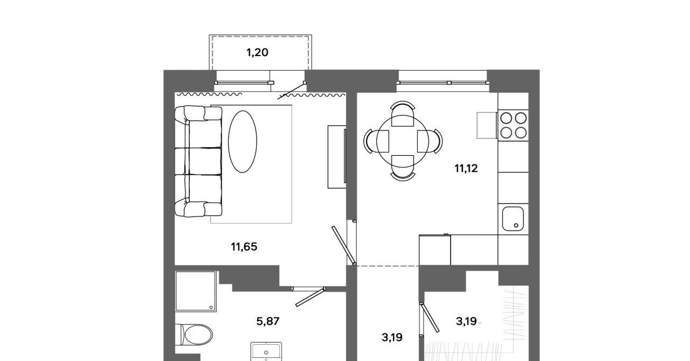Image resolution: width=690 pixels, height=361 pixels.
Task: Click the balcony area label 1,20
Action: click(x=257, y=53)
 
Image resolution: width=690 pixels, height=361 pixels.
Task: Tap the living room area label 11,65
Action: click(x=244, y=247)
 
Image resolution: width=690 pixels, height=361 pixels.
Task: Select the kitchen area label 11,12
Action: click(x=466, y=168)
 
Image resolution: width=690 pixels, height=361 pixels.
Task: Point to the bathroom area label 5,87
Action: click(x=268, y=321)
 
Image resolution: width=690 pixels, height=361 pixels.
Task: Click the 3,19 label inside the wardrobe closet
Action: click(x=466, y=322)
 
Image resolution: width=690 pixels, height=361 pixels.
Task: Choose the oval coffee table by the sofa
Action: click(x=243, y=142)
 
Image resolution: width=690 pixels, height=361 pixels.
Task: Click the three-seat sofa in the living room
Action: click(x=198, y=161)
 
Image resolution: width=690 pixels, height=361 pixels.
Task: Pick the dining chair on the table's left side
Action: click(x=376, y=141)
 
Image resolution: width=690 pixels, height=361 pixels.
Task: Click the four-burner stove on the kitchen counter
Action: click(x=513, y=126)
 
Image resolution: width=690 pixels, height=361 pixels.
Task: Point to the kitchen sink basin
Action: click(x=513, y=219)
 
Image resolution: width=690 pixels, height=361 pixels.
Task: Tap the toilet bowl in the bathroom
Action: click(x=195, y=335)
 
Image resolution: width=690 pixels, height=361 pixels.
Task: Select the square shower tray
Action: click(x=196, y=291)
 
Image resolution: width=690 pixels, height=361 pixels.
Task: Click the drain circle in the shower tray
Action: click(x=211, y=307)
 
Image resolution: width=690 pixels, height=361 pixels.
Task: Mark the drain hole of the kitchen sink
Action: click(x=516, y=225)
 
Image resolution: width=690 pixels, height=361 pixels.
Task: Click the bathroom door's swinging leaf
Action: click(x=310, y=297)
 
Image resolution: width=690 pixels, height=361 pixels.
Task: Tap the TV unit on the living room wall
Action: click(x=337, y=157)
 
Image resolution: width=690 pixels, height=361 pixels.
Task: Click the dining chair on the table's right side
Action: click(x=430, y=141)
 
